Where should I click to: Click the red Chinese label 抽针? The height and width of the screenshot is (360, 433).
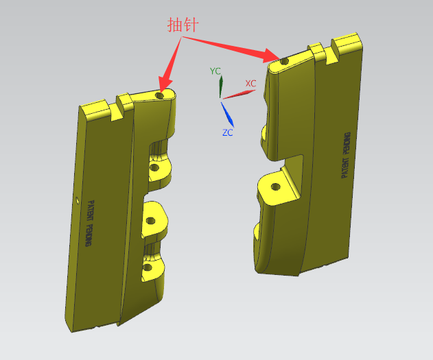[x=183, y=25]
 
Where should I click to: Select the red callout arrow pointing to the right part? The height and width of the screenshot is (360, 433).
[x=231, y=49]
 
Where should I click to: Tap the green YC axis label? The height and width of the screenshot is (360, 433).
[x=215, y=71]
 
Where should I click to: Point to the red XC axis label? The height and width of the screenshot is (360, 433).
[x=250, y=83]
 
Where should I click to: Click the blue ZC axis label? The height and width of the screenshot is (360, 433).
[x=228, y=133]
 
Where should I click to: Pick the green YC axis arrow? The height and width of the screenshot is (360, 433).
[x=221, y=86]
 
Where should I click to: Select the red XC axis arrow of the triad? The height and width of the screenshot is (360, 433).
[x=239, y=94]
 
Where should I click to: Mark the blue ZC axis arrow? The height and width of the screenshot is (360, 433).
[x=227, y=115]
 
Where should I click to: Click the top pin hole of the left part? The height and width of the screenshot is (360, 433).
[x=160, y=96]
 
